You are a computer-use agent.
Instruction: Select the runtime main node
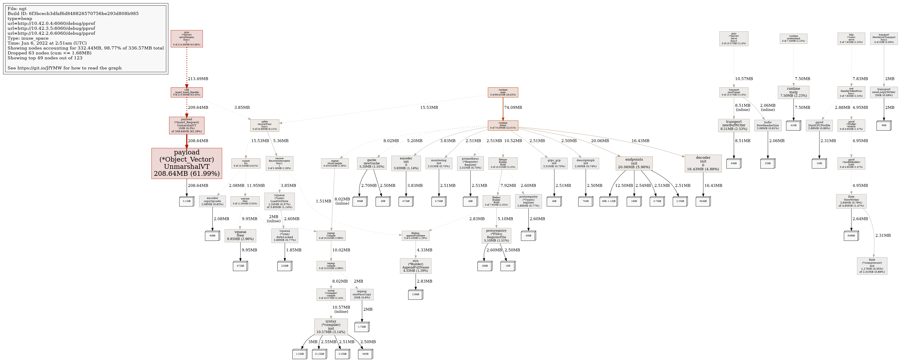pyautogui.click(x=503, y=92)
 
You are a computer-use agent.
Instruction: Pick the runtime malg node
pyautogui.click(x=793, y=92)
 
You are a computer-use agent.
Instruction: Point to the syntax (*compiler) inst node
pyautogui.click(x=331, y=327)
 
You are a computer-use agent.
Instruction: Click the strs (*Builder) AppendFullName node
pyautogui.click(x=415, y=266)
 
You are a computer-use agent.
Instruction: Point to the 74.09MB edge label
pyautogui.click(x=513, y=107)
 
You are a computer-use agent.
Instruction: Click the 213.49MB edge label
pyautogui.click(x=198, y=79)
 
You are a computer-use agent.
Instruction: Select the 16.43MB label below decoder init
pyautogui.click(x=713, y=186)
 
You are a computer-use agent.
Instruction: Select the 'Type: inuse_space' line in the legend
pyautogui.click(x=28, y=38)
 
